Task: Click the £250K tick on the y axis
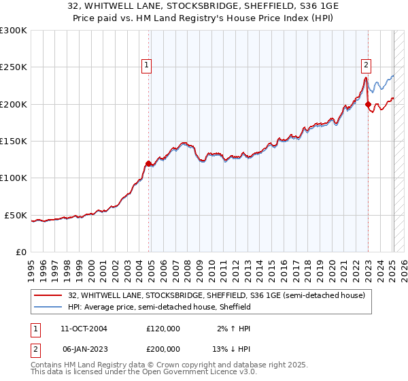tap(14, 67)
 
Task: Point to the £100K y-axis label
tap(14, 178)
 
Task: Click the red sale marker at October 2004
tap(148, 163)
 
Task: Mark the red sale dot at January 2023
tap(368, 104)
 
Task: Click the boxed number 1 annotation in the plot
tap(146, 65)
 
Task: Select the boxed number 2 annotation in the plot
tap(366, 65)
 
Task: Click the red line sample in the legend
tap(49, 295)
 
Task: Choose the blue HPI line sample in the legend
tap(49, 307)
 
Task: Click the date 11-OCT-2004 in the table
tap(80, 329)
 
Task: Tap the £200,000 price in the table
tap(163, 348)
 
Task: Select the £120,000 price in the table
tap(163, 329)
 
